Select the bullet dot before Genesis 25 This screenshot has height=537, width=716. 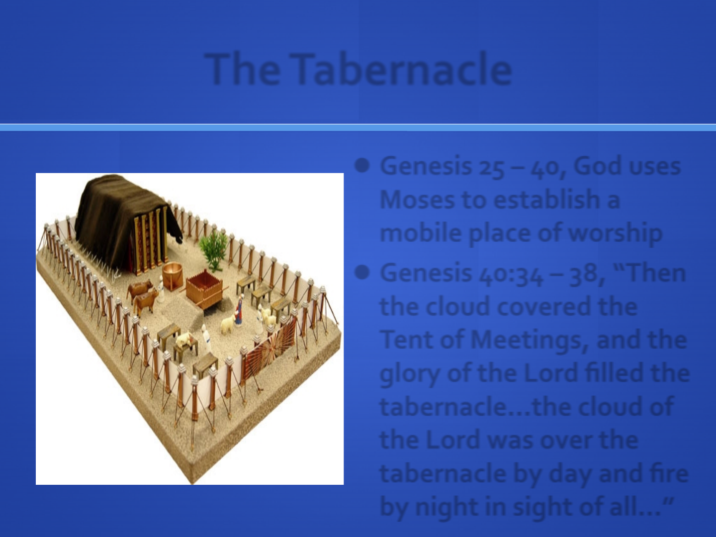point(362,166)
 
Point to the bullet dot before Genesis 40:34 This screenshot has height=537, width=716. point(362,272)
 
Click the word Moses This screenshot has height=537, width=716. point(417,199)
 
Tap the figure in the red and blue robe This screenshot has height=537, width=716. point(239,309)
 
